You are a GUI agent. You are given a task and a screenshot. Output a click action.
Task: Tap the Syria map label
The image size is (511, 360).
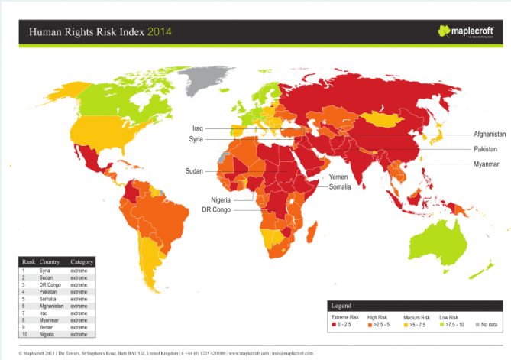tap(197, 140)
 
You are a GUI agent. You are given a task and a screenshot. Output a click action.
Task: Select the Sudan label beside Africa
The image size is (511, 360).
tap(194, 171)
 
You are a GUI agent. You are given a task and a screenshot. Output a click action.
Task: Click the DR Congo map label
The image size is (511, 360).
tap(218, 209)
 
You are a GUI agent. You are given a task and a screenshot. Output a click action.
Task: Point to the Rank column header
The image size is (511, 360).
tap(28, 262)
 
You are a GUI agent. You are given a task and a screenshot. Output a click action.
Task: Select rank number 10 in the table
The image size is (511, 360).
tap(25, 335)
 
